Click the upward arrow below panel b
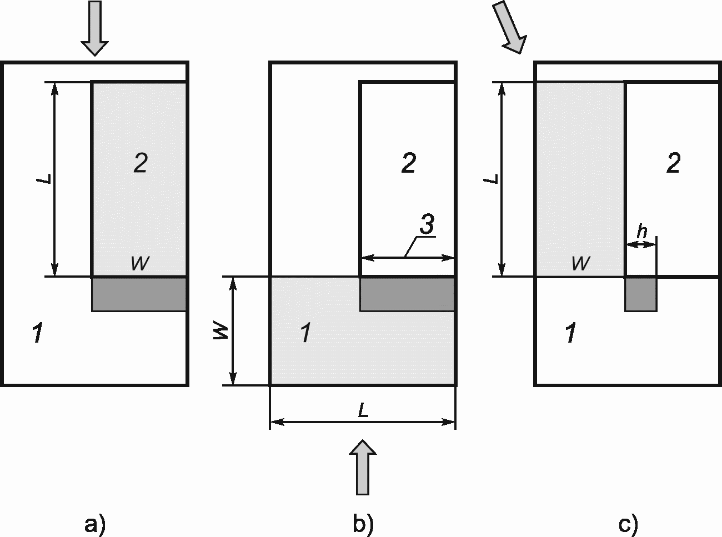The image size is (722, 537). pyautogui.click(x=363, y=466)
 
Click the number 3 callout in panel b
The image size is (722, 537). pyautogui.click(x=426, y=225)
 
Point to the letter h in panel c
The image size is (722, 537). pyautogui.click(x=641, y=232)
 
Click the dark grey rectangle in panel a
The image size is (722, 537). pyautogui.click(x=139, y=294)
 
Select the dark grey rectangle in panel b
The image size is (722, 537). pyautogui.click(x=407, y=294)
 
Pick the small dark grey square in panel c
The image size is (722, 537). pyautogui.click(x=641, y=294)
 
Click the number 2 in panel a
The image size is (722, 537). pyautogui.click(x=140, y=163)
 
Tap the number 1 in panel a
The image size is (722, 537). pyautogui.click(x=37, y=334)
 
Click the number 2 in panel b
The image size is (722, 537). pyautogui.click(x=408, y=163)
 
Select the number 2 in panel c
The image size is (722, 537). pyautogui.click(x=673, y=163)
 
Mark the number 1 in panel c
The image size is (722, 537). pyautogui.click(x=570, y=334)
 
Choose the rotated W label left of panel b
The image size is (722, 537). pyautogui.click(x=220, y=332)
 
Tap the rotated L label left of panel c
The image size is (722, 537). pyautogui.click(x=490, y=179)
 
